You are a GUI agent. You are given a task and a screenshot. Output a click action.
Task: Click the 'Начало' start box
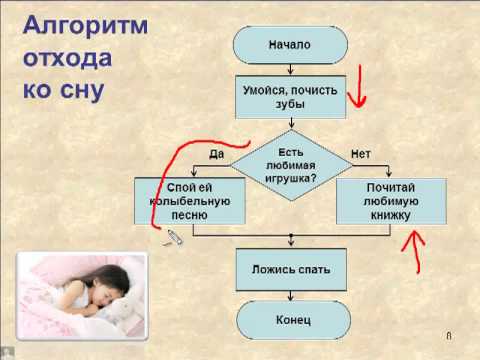(x=290, y=45)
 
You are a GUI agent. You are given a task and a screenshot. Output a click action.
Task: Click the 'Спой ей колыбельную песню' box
(x=189, y=200)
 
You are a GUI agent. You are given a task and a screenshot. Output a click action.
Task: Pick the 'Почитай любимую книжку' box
(x=390, y=200)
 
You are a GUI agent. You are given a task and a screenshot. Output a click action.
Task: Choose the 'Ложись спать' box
(x=290, y=269)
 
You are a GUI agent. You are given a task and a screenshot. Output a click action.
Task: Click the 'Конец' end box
(x=290, y=320)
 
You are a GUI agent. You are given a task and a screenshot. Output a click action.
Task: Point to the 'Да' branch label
(x=214, y=154)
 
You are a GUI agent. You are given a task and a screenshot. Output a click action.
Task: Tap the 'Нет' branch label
(x=362, y=154)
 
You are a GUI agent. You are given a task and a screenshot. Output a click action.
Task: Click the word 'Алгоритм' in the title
(x=84, y=25)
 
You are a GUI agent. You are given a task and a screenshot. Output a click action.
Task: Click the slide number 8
(x=449, y=335)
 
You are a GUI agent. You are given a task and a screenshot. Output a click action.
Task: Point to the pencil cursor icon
(x=175, y=237)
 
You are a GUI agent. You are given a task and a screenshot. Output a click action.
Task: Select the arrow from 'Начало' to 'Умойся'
(x=290, y=69)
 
